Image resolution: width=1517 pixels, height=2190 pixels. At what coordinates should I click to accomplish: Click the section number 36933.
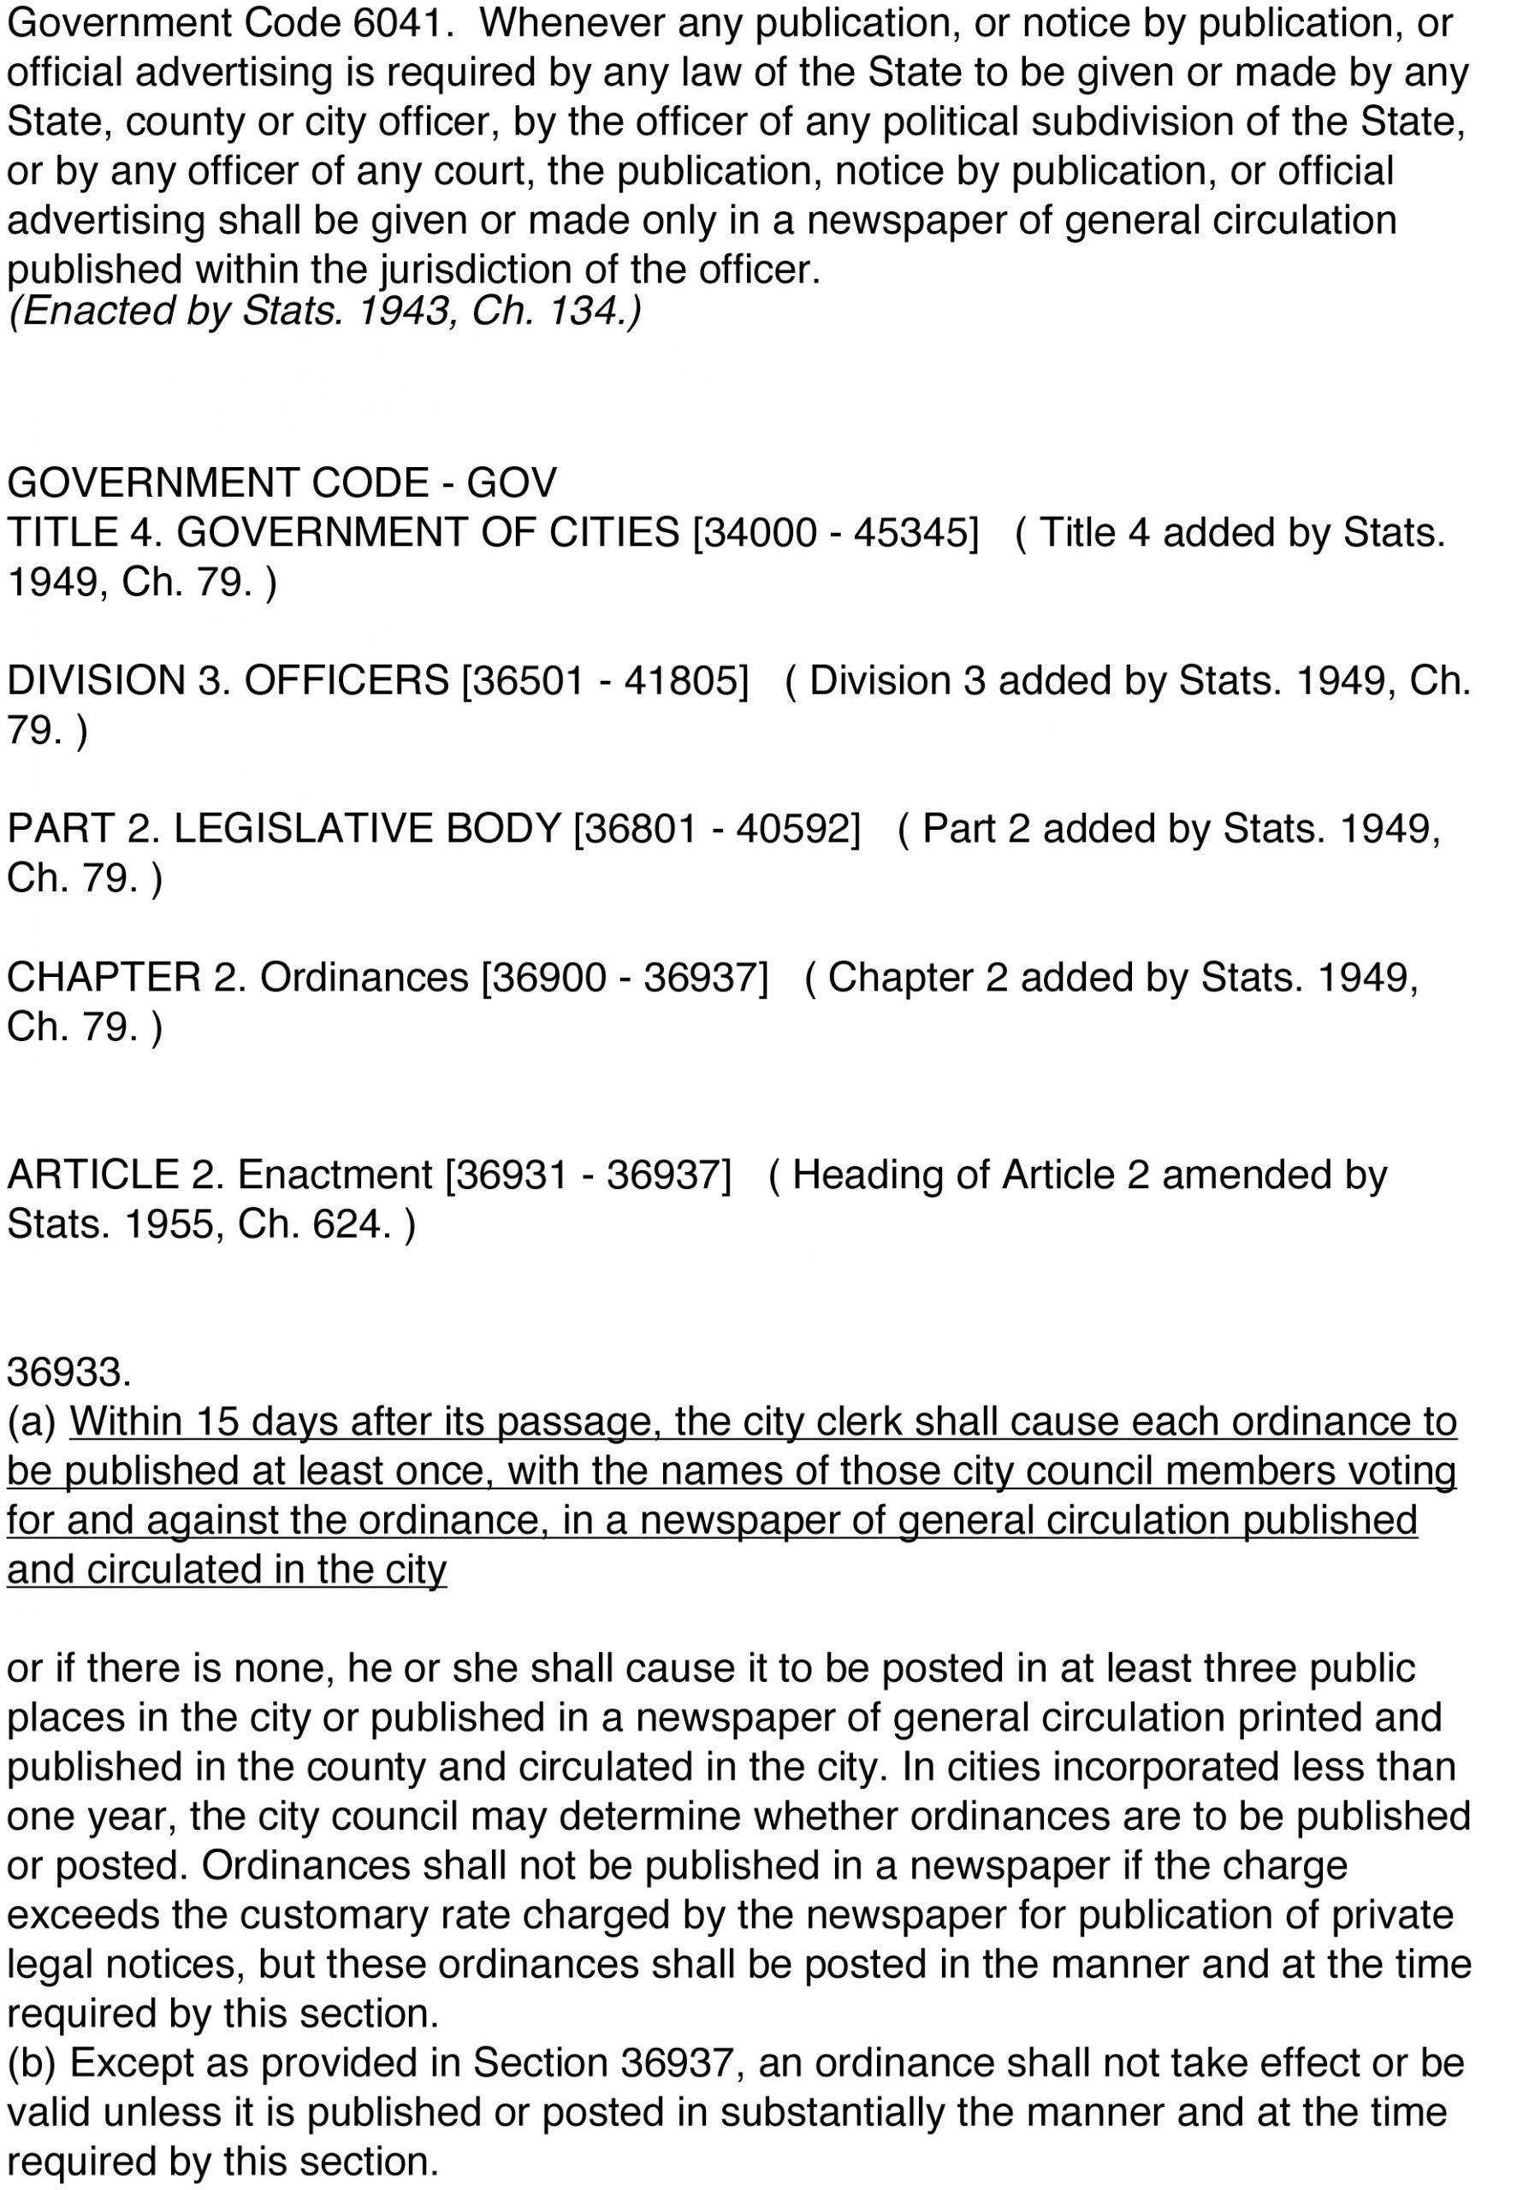point(68,1373)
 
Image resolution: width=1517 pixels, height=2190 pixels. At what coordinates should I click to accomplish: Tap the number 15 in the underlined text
point(219,1423)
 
